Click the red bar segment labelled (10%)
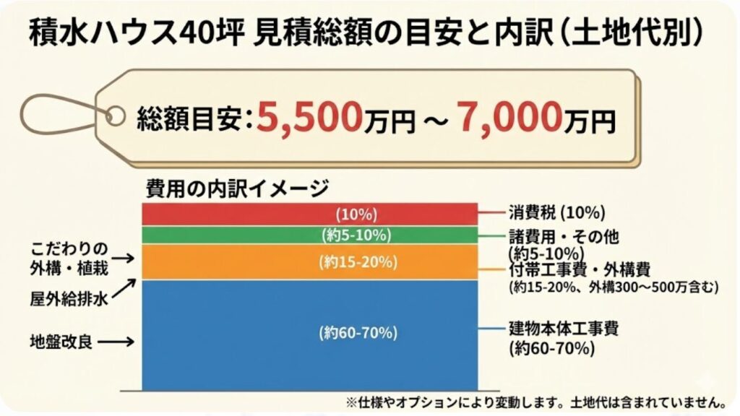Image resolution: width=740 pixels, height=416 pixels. click(309, 214)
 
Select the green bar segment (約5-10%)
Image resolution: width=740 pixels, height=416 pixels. click(309, 235)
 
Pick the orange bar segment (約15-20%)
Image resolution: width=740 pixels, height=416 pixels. click(309, 262)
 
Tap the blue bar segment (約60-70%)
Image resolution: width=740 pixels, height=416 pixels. click(309, 333)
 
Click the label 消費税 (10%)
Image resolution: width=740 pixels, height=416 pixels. click(556, 213)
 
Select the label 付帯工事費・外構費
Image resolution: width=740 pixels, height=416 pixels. click(579, 269)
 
